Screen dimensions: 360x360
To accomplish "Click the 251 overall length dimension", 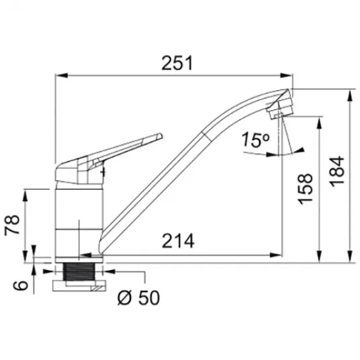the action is [x=177, y=63].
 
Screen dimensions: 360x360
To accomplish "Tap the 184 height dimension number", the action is [x=336, y=171].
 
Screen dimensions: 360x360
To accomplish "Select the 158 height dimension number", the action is [x=305, y=189].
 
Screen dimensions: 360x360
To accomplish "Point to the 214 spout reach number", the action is [x=178, y=241].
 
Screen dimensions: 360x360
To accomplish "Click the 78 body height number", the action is [x=12, y=224].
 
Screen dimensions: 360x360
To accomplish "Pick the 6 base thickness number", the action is [x=20, y=285].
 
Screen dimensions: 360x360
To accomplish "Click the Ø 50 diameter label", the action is [x=138, y=298].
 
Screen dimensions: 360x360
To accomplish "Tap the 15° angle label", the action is [x=255, y=139].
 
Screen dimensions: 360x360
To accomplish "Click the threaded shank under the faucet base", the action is [x=79, y=271].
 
